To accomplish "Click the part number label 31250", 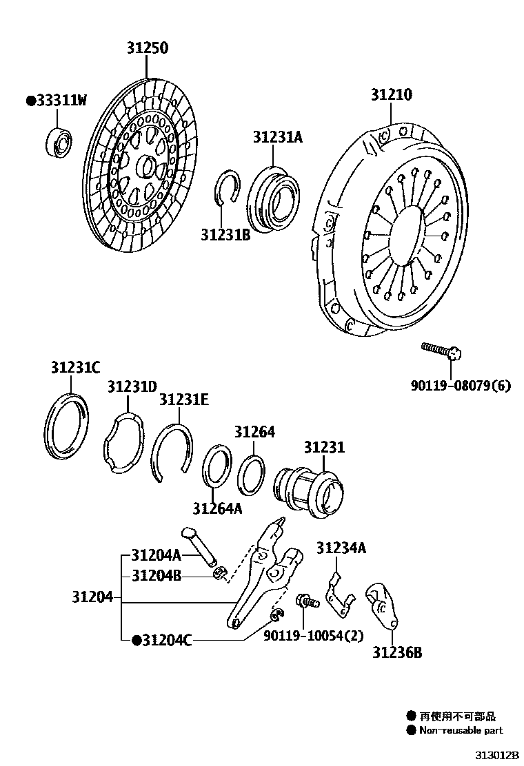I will [x=147, y=48].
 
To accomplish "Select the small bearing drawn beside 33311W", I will [x=60, y=143].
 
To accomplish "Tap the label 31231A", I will [x=277, y=138].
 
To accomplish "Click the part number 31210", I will [x=392, y=95].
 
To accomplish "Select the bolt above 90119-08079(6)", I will [x=441, y=352].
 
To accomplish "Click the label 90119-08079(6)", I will [x=461, y=386].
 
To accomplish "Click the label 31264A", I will [x=217, y=508].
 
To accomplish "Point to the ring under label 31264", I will [x=252, y=475].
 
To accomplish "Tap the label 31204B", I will [x=157, y=576].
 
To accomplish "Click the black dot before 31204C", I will [x=137, y=640].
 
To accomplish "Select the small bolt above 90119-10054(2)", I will [x=306, y=601].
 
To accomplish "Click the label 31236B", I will [x=397, y=652].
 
